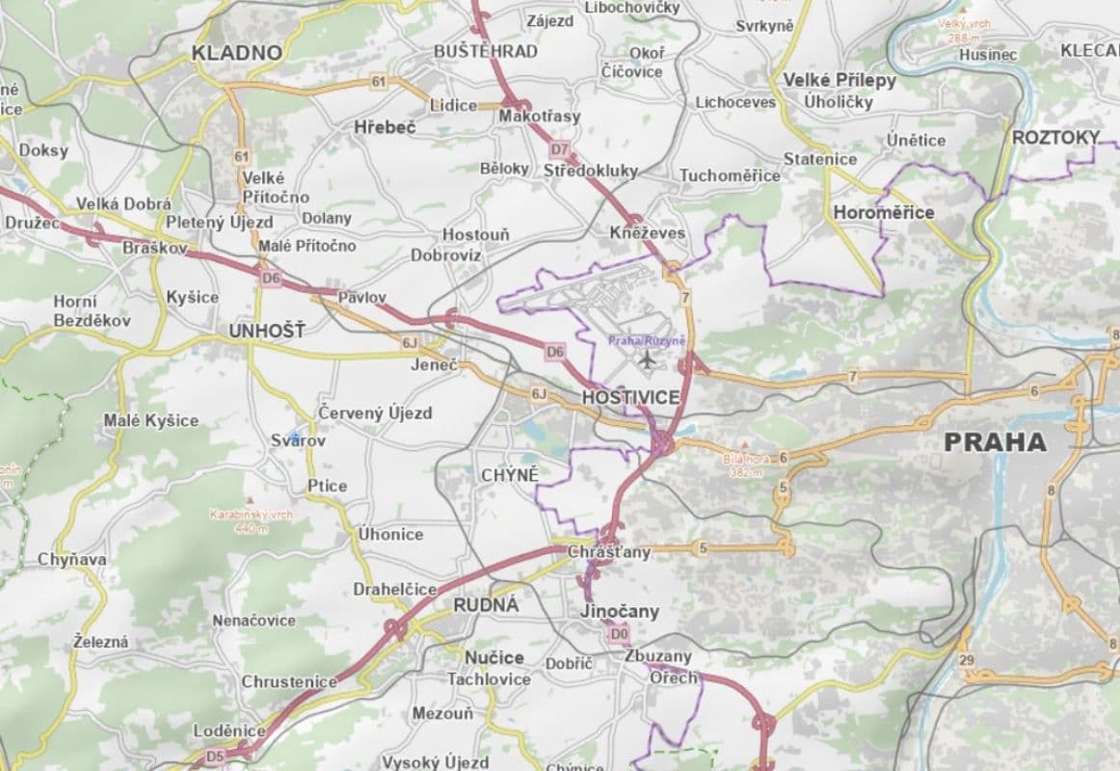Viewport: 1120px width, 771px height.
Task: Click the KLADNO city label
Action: click(x=237, y=52)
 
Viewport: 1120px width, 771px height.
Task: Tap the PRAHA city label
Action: click(x=995, y=442)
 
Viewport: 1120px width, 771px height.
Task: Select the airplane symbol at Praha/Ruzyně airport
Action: click(x=646, y=360)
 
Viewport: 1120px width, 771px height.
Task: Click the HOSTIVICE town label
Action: click(x=630, y=397)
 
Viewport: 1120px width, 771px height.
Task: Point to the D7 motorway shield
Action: click(x=559, y=149)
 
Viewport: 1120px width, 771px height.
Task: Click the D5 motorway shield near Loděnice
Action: click(x=214, y=757)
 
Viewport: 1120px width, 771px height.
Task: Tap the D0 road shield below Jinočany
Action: click(x=618, y=634)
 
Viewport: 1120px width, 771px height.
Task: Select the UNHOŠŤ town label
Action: click(x=266, y=331)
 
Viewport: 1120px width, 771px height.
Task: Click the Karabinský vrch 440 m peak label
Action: click(x=251, y=520)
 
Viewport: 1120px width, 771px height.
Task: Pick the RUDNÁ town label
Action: click(x=486, y=605)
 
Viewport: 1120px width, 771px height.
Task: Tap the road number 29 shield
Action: click(x=967, y=660)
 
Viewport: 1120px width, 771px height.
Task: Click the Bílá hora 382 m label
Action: click(x=747, y=465)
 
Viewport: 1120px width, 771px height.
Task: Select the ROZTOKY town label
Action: click(x=1055, y=138)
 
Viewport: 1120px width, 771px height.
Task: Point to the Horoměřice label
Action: click(x=883, y=212)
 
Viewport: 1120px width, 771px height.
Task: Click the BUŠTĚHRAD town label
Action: click(x=486, y=51)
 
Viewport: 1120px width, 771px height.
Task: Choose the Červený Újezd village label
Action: click(x=376, y=412)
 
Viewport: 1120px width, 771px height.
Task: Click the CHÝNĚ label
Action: click(x=509, y=475)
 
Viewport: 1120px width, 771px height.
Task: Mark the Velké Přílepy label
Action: click(x=839, y=80)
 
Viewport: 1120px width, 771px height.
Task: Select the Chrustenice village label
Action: click(x=289, y=681)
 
